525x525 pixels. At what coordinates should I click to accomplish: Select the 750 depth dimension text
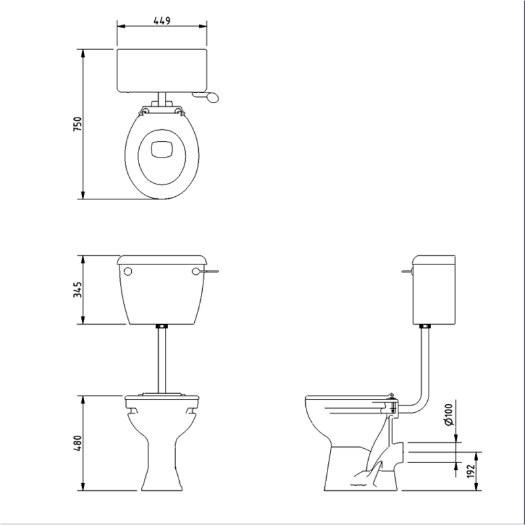coord(77,124)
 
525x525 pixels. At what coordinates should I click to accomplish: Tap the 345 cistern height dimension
coord(77,289)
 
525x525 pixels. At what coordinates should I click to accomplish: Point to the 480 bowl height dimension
coord(77,444)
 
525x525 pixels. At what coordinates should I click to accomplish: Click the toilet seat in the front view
coord(161,396)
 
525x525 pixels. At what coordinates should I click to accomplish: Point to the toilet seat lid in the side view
coord(348,398)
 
